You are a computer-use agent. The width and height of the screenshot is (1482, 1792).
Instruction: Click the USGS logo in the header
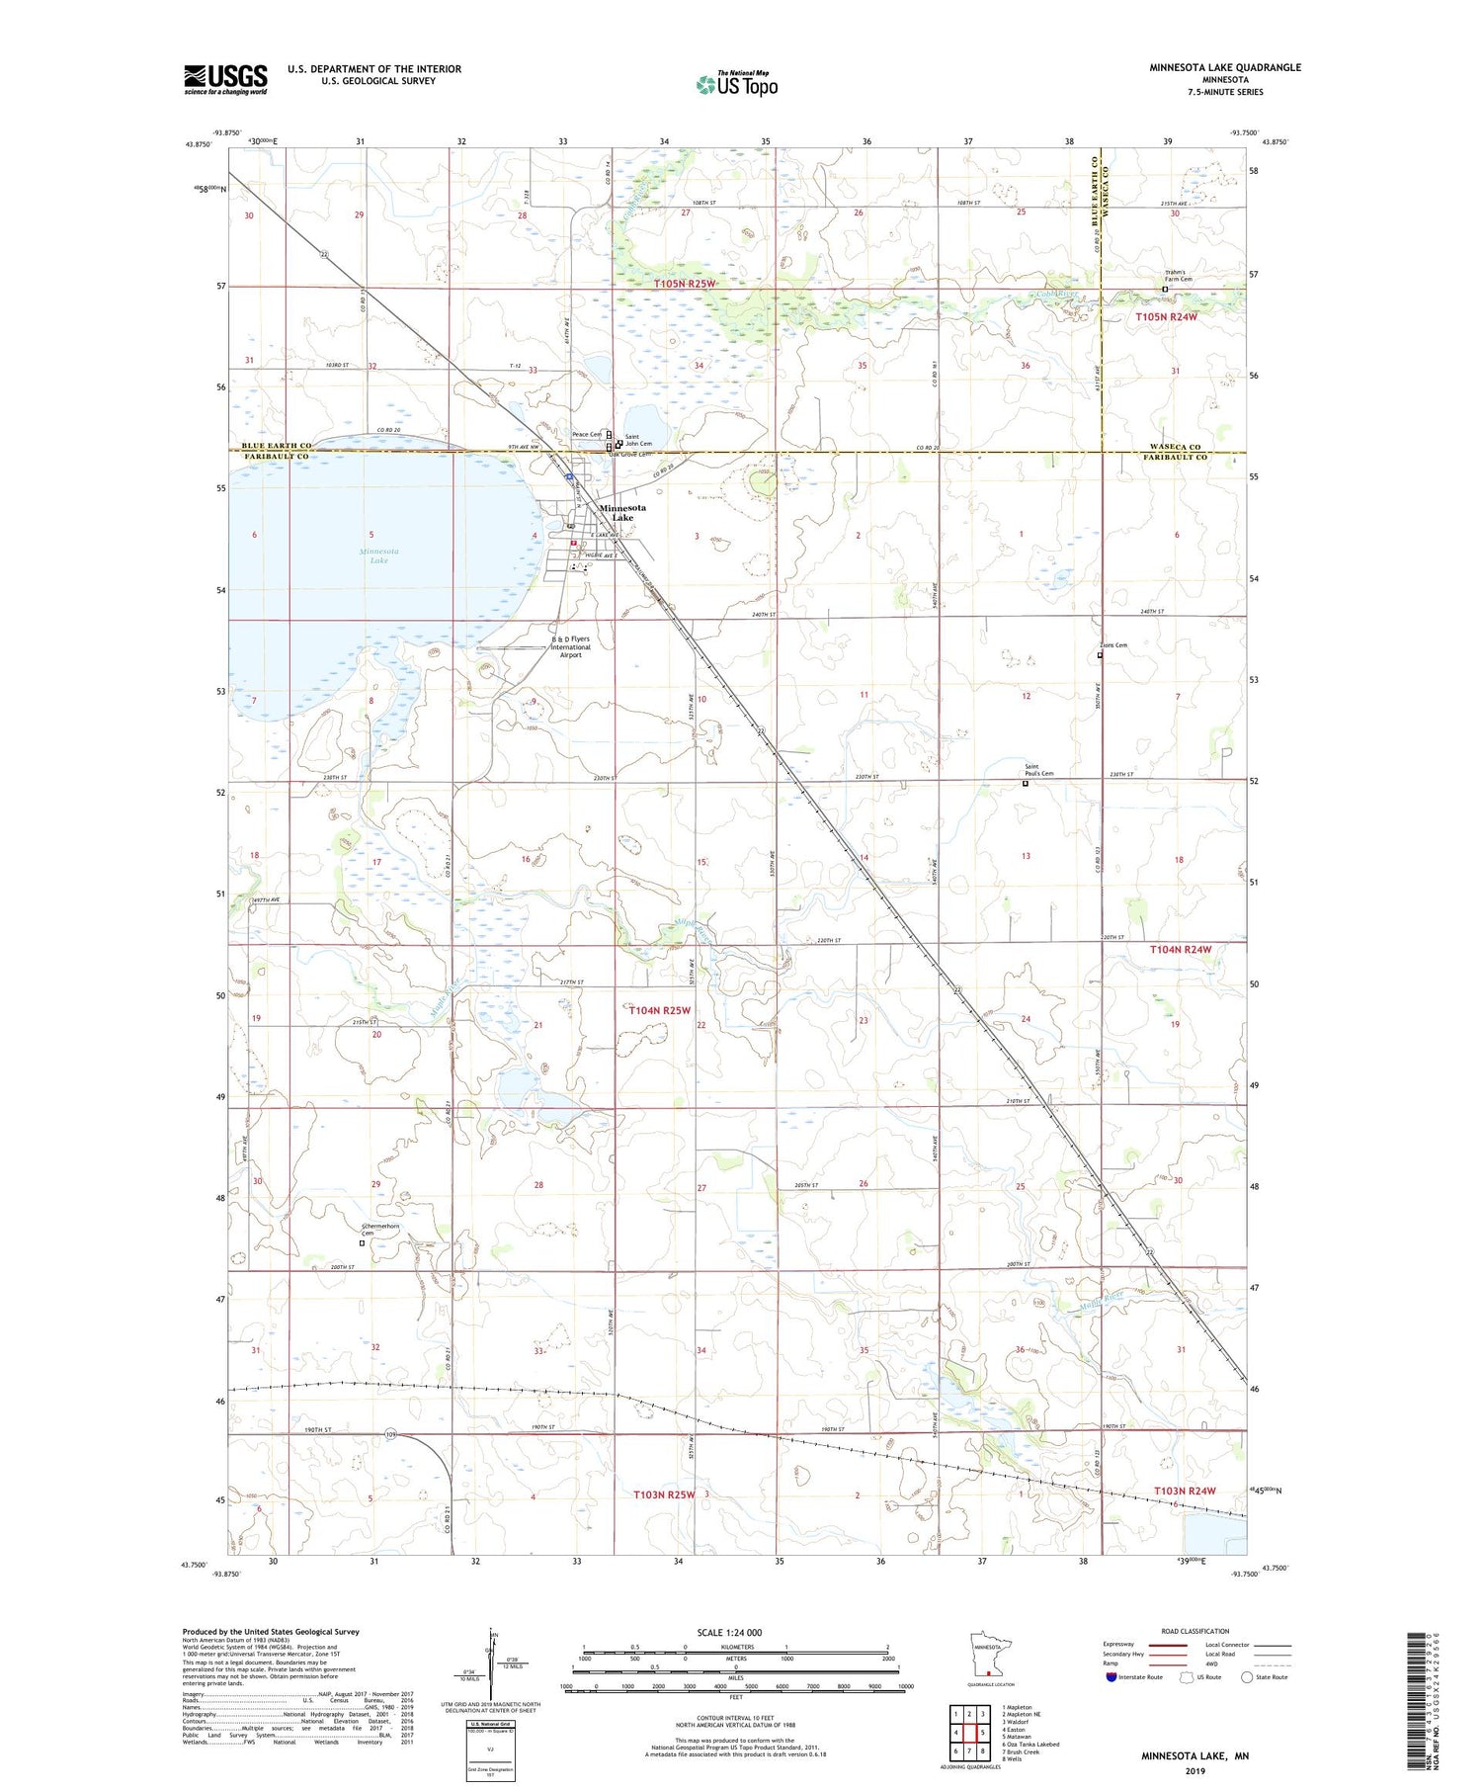[225, 79]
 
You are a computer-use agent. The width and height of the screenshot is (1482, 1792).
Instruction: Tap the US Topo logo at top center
[737, 85]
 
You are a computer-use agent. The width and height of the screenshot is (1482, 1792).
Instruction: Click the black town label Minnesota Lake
[622, 512]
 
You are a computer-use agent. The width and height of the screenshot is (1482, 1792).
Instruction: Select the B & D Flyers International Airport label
[571, 647]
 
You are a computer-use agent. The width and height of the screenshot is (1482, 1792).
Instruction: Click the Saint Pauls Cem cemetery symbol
[1025, 784]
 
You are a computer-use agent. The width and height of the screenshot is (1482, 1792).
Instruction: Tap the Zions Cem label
[1113, 645]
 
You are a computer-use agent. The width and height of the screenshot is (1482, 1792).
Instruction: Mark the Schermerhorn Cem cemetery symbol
[362, 1243]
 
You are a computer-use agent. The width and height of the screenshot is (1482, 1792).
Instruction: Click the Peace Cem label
[587, 435]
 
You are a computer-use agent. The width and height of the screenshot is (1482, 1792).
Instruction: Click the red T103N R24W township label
[1183, 1491]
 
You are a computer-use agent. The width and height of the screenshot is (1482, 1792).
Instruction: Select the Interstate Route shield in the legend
[1111, 1676]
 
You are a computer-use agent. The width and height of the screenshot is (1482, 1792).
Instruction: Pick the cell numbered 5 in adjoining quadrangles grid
[983, 1733]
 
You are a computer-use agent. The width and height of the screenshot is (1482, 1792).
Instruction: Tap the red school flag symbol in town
[573, 543]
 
